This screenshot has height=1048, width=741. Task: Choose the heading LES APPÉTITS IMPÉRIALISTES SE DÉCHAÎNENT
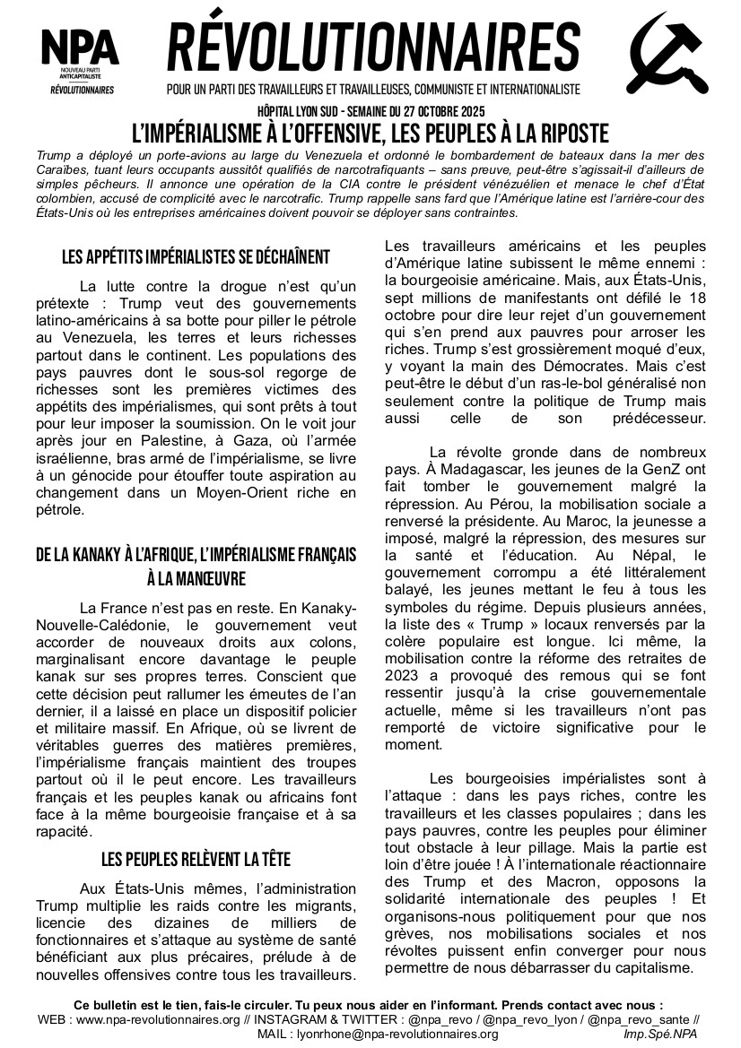tap(196, 257)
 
